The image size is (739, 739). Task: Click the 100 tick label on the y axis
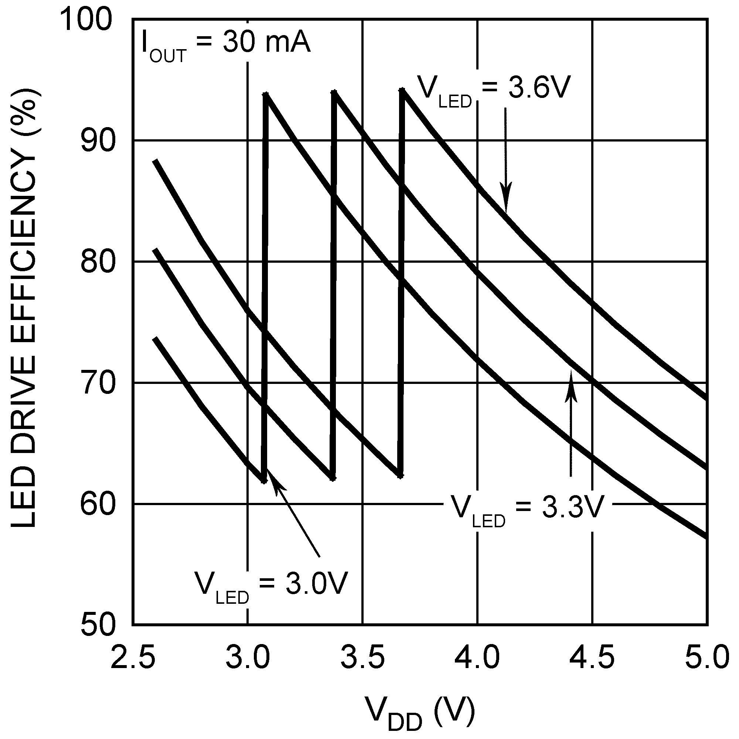coord(87,20)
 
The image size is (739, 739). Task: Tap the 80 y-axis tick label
coord(98,262)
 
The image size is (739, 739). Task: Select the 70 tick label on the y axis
coord(98,383)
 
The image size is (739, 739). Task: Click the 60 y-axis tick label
coord(98,504)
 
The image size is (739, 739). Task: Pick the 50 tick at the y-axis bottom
coord(98,626)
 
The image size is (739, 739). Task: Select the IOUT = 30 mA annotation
coord(226,45)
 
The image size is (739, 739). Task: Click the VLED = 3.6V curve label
coord(493,91)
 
